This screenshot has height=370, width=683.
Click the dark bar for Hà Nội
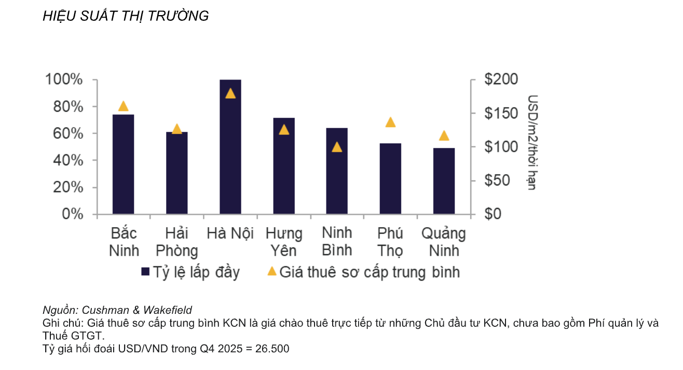tap(230, 147)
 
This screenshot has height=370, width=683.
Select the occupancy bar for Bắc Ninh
tap(123, 164)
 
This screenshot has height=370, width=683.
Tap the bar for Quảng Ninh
tap(444, 181)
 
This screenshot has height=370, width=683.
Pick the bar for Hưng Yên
tap(283, 166)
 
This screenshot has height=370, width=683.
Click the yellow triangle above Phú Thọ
tap(390, 123)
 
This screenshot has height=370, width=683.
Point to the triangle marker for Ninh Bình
tap(337, 147)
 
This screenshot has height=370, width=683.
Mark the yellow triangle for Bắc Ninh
tap(123, 107)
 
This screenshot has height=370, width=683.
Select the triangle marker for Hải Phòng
tap(176, 129)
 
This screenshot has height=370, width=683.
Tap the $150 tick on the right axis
tap(501, 113)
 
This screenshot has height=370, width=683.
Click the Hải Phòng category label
tap(176, 242)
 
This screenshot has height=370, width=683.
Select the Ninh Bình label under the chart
tap(337, 242)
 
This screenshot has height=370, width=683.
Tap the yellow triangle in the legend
tap(271, 271)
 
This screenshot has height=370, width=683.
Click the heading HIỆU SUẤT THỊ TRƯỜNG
tap(126, 16)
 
